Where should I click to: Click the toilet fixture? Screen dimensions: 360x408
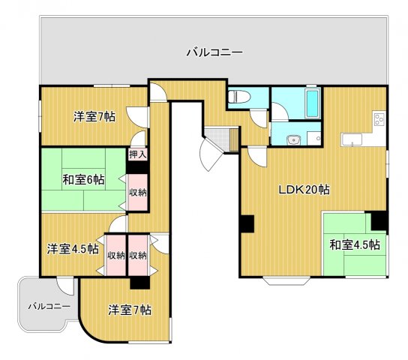click(x=238, y=97)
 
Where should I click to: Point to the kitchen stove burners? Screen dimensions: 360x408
click(x=378, y=118)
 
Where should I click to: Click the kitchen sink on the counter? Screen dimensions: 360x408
click(x=351, y=139)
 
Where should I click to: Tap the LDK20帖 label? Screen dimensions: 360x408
click(x=304, y=189)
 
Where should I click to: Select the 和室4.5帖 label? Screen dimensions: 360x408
click(x=353, y=244)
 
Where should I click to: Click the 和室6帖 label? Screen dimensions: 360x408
click(x=83, y=179)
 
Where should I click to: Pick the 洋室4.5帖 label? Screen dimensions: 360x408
click(x=73, y=248)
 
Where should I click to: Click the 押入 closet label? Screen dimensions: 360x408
click(x=137, y=154)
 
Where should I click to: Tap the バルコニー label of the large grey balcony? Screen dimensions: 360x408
click(x=214, y=52)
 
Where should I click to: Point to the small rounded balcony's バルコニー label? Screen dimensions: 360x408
click(x=49, y=306)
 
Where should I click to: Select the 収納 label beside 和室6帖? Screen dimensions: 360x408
click(x=137, y=192)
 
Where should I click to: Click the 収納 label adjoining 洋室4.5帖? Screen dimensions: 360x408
click(x=115, y=255)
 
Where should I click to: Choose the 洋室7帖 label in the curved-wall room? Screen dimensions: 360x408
click(x=129, y=309)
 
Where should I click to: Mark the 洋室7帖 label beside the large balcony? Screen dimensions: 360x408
click(x=94, y=116)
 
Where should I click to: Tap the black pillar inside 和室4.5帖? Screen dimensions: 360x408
click(x=379, y=221)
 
